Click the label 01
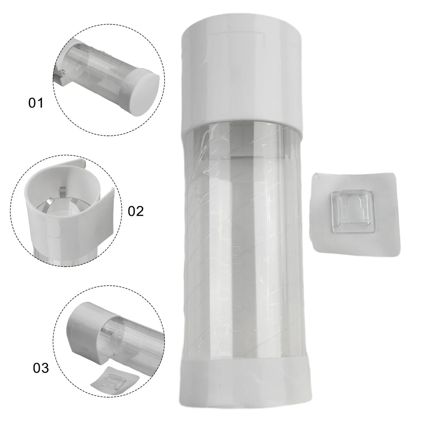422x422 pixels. (36, 103)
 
